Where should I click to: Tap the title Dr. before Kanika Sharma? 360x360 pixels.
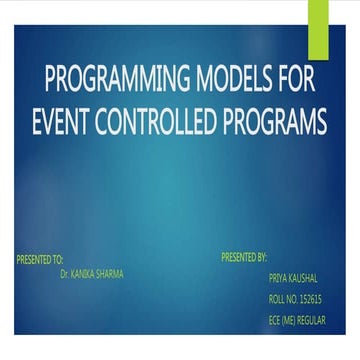click(x=65, y=270)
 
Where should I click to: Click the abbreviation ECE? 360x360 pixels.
click(x=276, y=317)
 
